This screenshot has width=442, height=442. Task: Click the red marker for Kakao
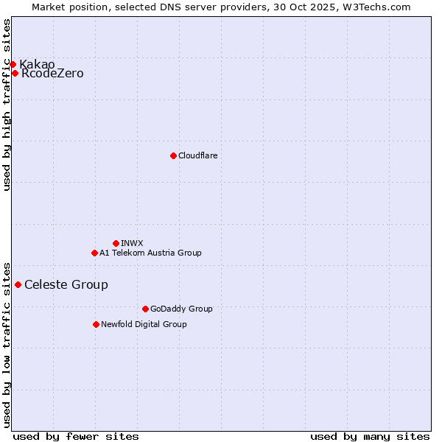13,65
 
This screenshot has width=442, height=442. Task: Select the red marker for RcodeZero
15,73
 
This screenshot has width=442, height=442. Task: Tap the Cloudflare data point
173,155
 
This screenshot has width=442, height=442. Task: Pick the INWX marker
116,243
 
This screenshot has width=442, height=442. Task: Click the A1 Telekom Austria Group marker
94,253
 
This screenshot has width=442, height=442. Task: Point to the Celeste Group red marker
18,284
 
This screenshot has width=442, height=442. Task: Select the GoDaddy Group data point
145,309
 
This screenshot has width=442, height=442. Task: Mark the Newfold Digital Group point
96,324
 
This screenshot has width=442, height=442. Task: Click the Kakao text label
37,65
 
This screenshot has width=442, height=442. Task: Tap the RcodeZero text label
52,74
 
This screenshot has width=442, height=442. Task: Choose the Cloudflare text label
197,155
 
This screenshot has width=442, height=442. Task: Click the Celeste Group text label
66,285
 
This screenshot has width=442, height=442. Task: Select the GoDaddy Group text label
181,309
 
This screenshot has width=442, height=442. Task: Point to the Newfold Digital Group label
144,324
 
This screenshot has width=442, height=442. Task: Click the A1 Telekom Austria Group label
150,253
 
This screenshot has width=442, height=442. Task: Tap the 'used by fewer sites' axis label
76,436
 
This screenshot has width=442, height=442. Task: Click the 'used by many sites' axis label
370,436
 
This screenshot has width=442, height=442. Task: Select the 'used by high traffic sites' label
7,105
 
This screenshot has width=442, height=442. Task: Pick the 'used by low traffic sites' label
7,345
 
